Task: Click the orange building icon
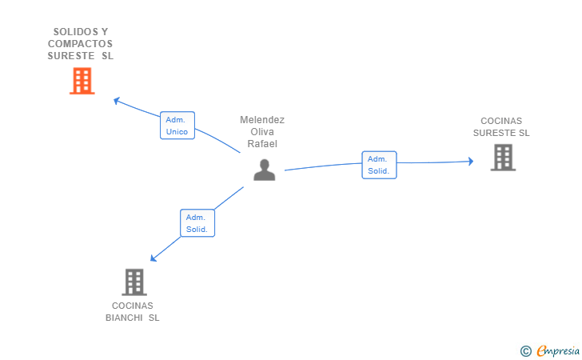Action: tap(82, 81)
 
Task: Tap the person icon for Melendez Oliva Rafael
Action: tap(264, 170)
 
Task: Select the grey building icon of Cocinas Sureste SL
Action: tap(503, 158)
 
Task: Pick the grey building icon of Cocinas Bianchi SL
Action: tap(134, 282)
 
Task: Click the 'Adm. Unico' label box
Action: tap(177, 126)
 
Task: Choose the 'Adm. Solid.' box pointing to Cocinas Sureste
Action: tap(379, 165)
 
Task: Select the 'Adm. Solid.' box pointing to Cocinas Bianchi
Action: tap(197, 223)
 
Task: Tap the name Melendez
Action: tap(262, 120)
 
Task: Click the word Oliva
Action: tap(262, 132)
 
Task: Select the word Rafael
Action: tap(262, 144)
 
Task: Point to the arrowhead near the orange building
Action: tap(117, 101)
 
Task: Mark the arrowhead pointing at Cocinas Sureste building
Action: tap(470, 162)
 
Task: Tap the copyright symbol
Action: tap(525, 350)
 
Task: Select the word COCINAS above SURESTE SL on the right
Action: tap(501, 121)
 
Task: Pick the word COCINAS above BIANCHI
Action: tap(133, 306)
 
